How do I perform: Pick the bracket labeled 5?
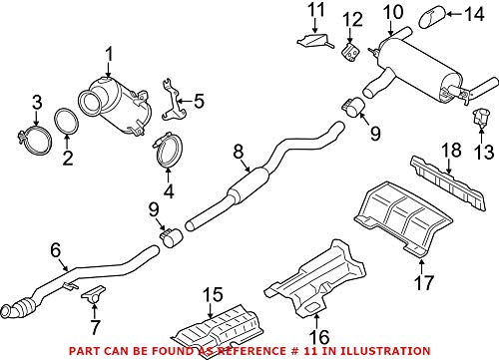[56, 252]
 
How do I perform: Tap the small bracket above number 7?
[237, 152]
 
